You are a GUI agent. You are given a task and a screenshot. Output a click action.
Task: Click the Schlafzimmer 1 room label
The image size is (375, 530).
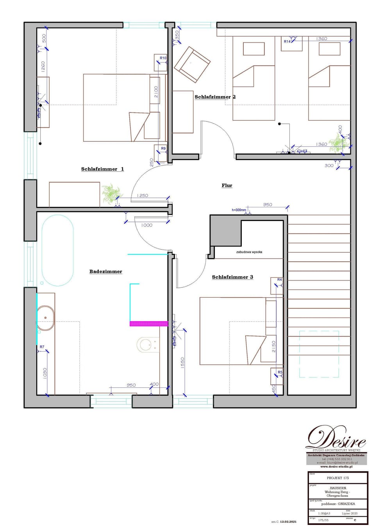point(102,169)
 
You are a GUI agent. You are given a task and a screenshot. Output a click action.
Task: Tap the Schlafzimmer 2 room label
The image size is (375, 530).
point(215,97)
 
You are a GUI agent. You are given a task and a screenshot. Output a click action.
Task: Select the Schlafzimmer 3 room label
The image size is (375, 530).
point(232,277)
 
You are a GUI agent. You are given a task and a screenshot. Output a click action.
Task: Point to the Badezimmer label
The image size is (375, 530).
point(105,271)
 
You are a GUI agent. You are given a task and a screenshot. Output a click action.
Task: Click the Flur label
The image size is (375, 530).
point(227,186)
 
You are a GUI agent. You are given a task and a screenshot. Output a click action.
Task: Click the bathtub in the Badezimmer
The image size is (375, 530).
point(57,250)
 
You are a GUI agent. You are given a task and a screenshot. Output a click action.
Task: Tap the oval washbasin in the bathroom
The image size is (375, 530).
point(45,318)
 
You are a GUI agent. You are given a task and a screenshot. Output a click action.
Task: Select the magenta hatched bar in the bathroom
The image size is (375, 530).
point(149,323)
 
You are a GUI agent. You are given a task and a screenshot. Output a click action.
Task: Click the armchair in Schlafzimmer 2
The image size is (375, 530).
point(192,64)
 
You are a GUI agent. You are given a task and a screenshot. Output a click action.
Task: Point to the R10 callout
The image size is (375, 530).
point(163,58)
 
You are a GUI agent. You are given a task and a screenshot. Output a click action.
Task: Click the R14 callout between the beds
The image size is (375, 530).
point(287,41)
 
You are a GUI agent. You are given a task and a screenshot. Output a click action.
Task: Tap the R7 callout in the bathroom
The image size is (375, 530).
point(42,347)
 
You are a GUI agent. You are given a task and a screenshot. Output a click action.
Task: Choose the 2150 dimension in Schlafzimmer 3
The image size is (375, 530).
point(273,346)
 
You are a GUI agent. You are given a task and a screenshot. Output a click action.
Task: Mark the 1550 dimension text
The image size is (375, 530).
point(182,363)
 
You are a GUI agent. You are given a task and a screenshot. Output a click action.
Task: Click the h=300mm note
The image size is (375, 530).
point(239,210)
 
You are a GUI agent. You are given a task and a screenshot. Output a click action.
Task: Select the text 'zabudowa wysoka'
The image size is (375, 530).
point(249,252)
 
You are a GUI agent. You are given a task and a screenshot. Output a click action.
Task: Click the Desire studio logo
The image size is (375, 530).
point(336,438)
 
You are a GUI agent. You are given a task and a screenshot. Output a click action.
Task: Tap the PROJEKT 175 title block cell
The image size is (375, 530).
point(338,478)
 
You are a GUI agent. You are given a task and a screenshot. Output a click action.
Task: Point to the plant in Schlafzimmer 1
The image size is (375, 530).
point(111,193)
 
